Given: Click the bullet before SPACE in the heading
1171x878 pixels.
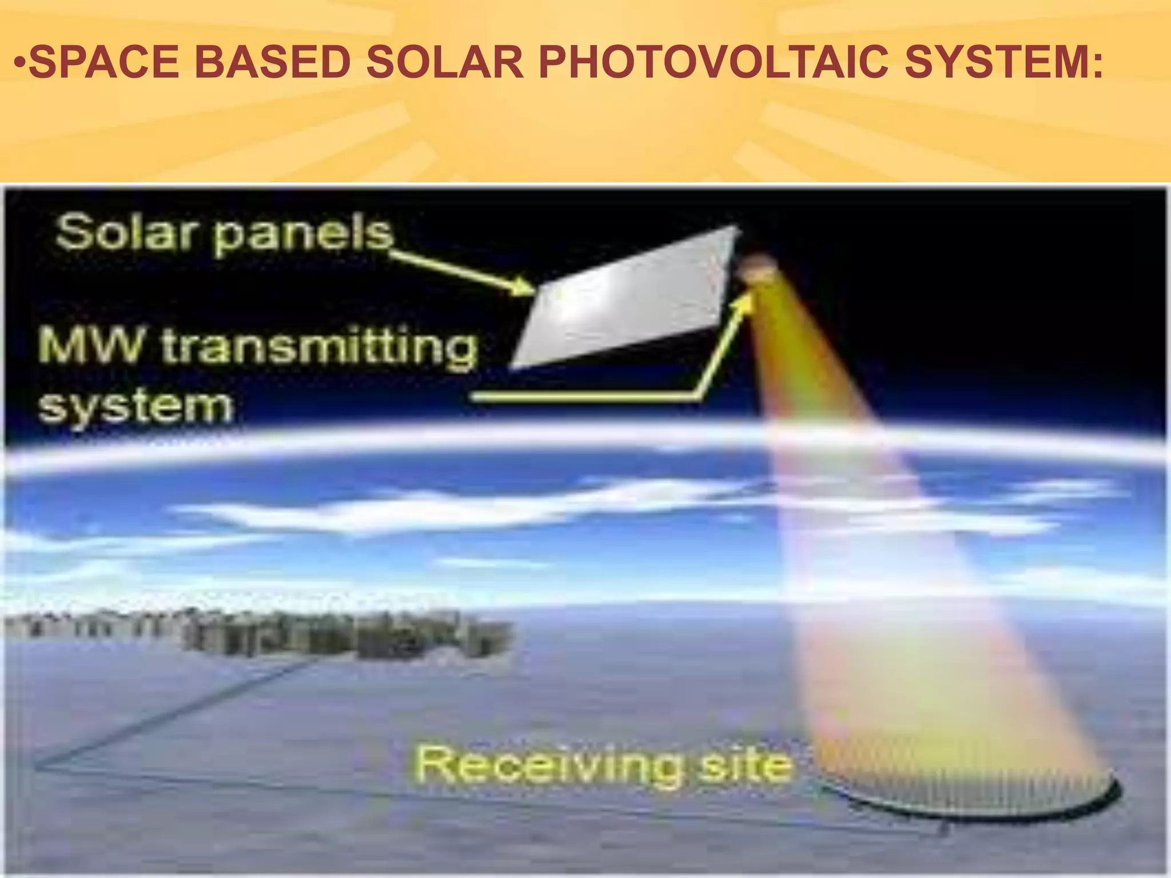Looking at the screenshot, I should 21,63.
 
